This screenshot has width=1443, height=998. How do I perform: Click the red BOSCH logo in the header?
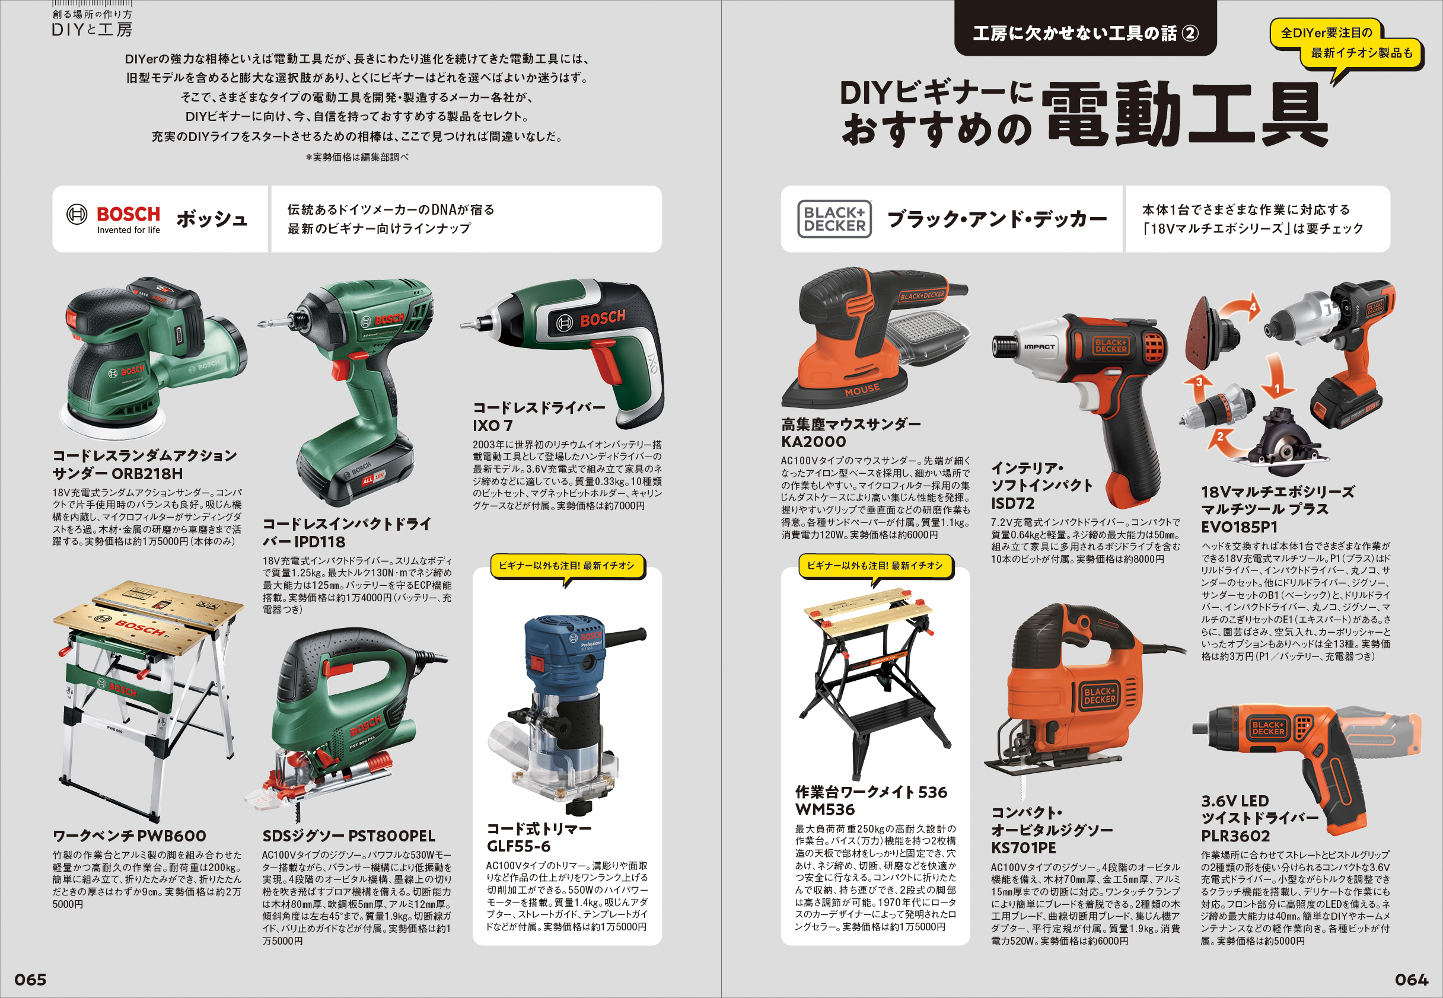click(x=128, y=215)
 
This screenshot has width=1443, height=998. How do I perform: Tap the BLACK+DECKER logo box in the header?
click(x=834, y=219)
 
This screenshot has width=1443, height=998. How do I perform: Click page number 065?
click(x=30, y=979)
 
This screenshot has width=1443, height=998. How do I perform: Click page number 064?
click(x=1411, y=979)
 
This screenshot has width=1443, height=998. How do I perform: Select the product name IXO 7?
click(x=492, y=426)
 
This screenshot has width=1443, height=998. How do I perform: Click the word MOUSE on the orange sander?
click(x=862, y=390)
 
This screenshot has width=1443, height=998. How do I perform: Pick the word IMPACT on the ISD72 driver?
click(x=1039, y=346)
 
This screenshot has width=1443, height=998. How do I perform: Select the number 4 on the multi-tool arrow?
click(x=1253, y=307)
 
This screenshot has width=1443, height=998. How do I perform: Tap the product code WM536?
click(x=824, y=810)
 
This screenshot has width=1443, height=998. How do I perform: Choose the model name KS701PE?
click(x=1023, y=848)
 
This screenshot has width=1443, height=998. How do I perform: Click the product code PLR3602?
click(x=1235, y=836)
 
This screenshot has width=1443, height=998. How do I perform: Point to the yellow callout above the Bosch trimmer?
click(x=566, y=566)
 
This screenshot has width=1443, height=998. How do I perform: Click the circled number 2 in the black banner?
click(x=1190, y=33)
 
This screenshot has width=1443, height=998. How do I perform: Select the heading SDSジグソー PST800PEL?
click(x=349, y=836)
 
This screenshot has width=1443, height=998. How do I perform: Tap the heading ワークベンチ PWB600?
click(x=129, y=836)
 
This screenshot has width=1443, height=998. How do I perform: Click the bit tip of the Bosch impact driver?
click(x=260, y=324)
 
